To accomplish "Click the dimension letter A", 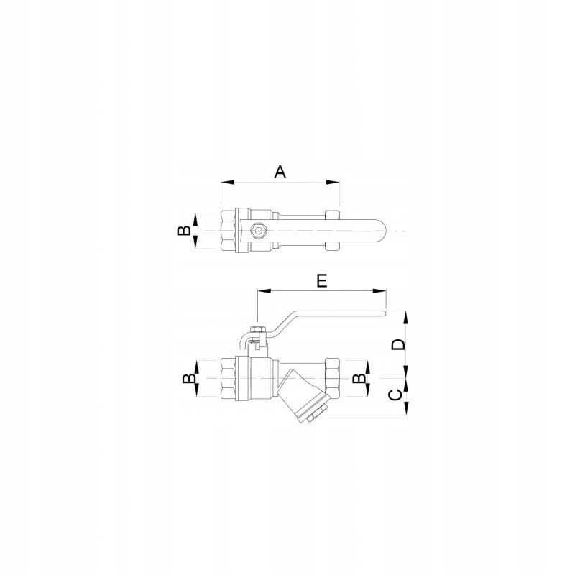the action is click(280, 172).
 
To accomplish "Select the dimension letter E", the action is click(321, 281).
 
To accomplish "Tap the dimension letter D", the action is click(398, 344).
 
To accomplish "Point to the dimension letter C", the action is click(395, 395).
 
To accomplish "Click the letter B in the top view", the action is click(184, 230).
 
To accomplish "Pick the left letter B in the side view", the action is click(189, 379).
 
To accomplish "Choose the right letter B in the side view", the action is click(359, 379).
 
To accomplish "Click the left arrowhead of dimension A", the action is click(228, 182).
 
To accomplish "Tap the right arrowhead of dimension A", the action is click(333, 182).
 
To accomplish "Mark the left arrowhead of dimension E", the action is click(264, 291).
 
